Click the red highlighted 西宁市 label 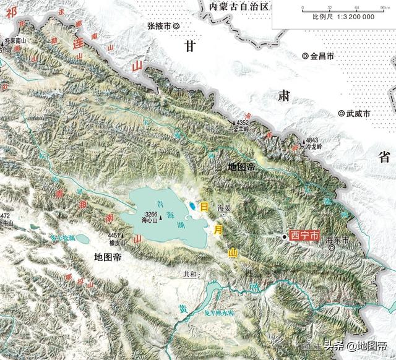click(x=305, y=236)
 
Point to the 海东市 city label click(x=338, y=239)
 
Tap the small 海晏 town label click(x=224, y=209)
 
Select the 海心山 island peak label click(x=150, y=220)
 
